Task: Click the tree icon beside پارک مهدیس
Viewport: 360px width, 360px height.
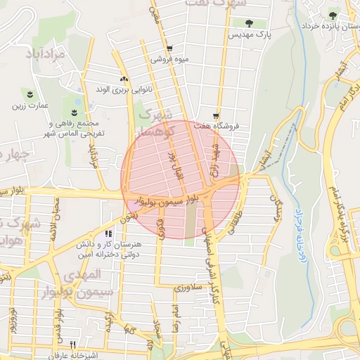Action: click(249, 23)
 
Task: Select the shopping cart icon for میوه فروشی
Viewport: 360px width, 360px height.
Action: click(169, 49)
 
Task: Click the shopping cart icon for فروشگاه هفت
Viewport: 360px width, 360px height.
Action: click(216, 115)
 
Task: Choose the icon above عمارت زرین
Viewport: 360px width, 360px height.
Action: click(29, 94)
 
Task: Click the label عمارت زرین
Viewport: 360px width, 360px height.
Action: click(29, 106)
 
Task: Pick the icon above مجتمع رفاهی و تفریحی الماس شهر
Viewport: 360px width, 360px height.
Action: click(75, 112)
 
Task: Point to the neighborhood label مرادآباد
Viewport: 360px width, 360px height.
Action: click(49, 53)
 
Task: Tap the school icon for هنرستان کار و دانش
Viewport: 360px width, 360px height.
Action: click(108, 233)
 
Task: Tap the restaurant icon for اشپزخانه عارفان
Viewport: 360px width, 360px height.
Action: click(73, 345)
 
